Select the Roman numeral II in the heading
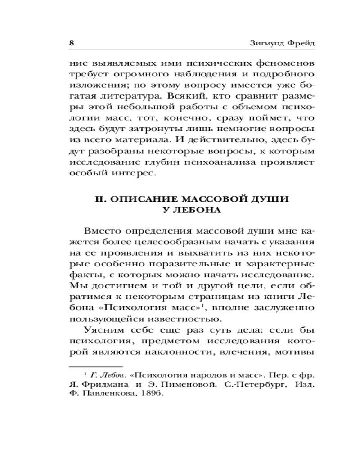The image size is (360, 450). pyautogui.click(x=99, y=199)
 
